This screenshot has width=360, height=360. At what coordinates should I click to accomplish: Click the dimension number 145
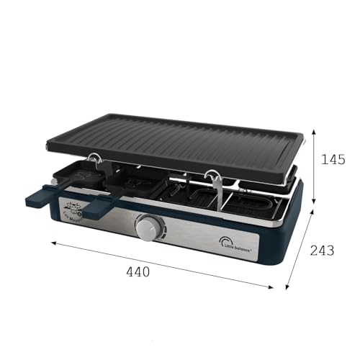click(333, 159)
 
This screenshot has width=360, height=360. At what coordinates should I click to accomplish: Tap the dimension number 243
click(322, 250)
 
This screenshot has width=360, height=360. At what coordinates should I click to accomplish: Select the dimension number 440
click(138, 271)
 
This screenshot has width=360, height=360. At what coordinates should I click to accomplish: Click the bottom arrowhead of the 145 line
click(314, 188)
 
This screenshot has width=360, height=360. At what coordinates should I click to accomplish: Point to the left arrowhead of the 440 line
click(53, 243)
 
